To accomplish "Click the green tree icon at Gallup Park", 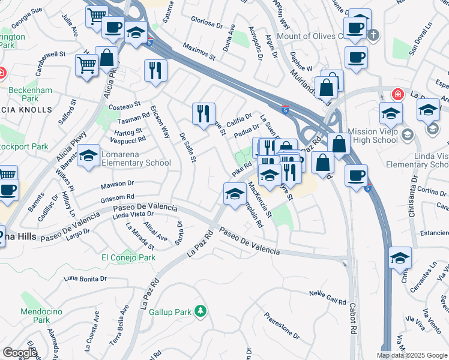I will [x=201, y=311].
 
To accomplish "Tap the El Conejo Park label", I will [x=128, y=257].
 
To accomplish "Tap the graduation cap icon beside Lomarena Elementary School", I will [x=89, y=157].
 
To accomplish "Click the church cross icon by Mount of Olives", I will [x=375, y=35].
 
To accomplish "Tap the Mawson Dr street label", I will [x=116, y=183].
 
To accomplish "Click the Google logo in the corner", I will [x=19, y=353].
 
